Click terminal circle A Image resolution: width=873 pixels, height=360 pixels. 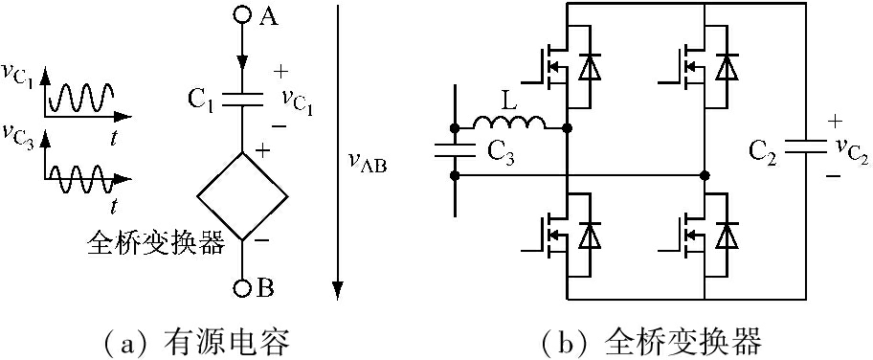[x=241, y=17]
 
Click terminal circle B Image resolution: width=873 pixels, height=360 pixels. [x=241, y=286]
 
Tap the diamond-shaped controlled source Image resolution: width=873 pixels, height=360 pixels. [x=241, y=194]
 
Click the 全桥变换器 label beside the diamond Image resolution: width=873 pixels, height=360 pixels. [x=155, y=243]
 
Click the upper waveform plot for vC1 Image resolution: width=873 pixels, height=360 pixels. [x=81, y=96]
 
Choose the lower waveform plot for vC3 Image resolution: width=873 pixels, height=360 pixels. [x=81, y=174]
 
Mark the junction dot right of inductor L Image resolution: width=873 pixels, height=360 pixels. [x=568, y=127]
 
